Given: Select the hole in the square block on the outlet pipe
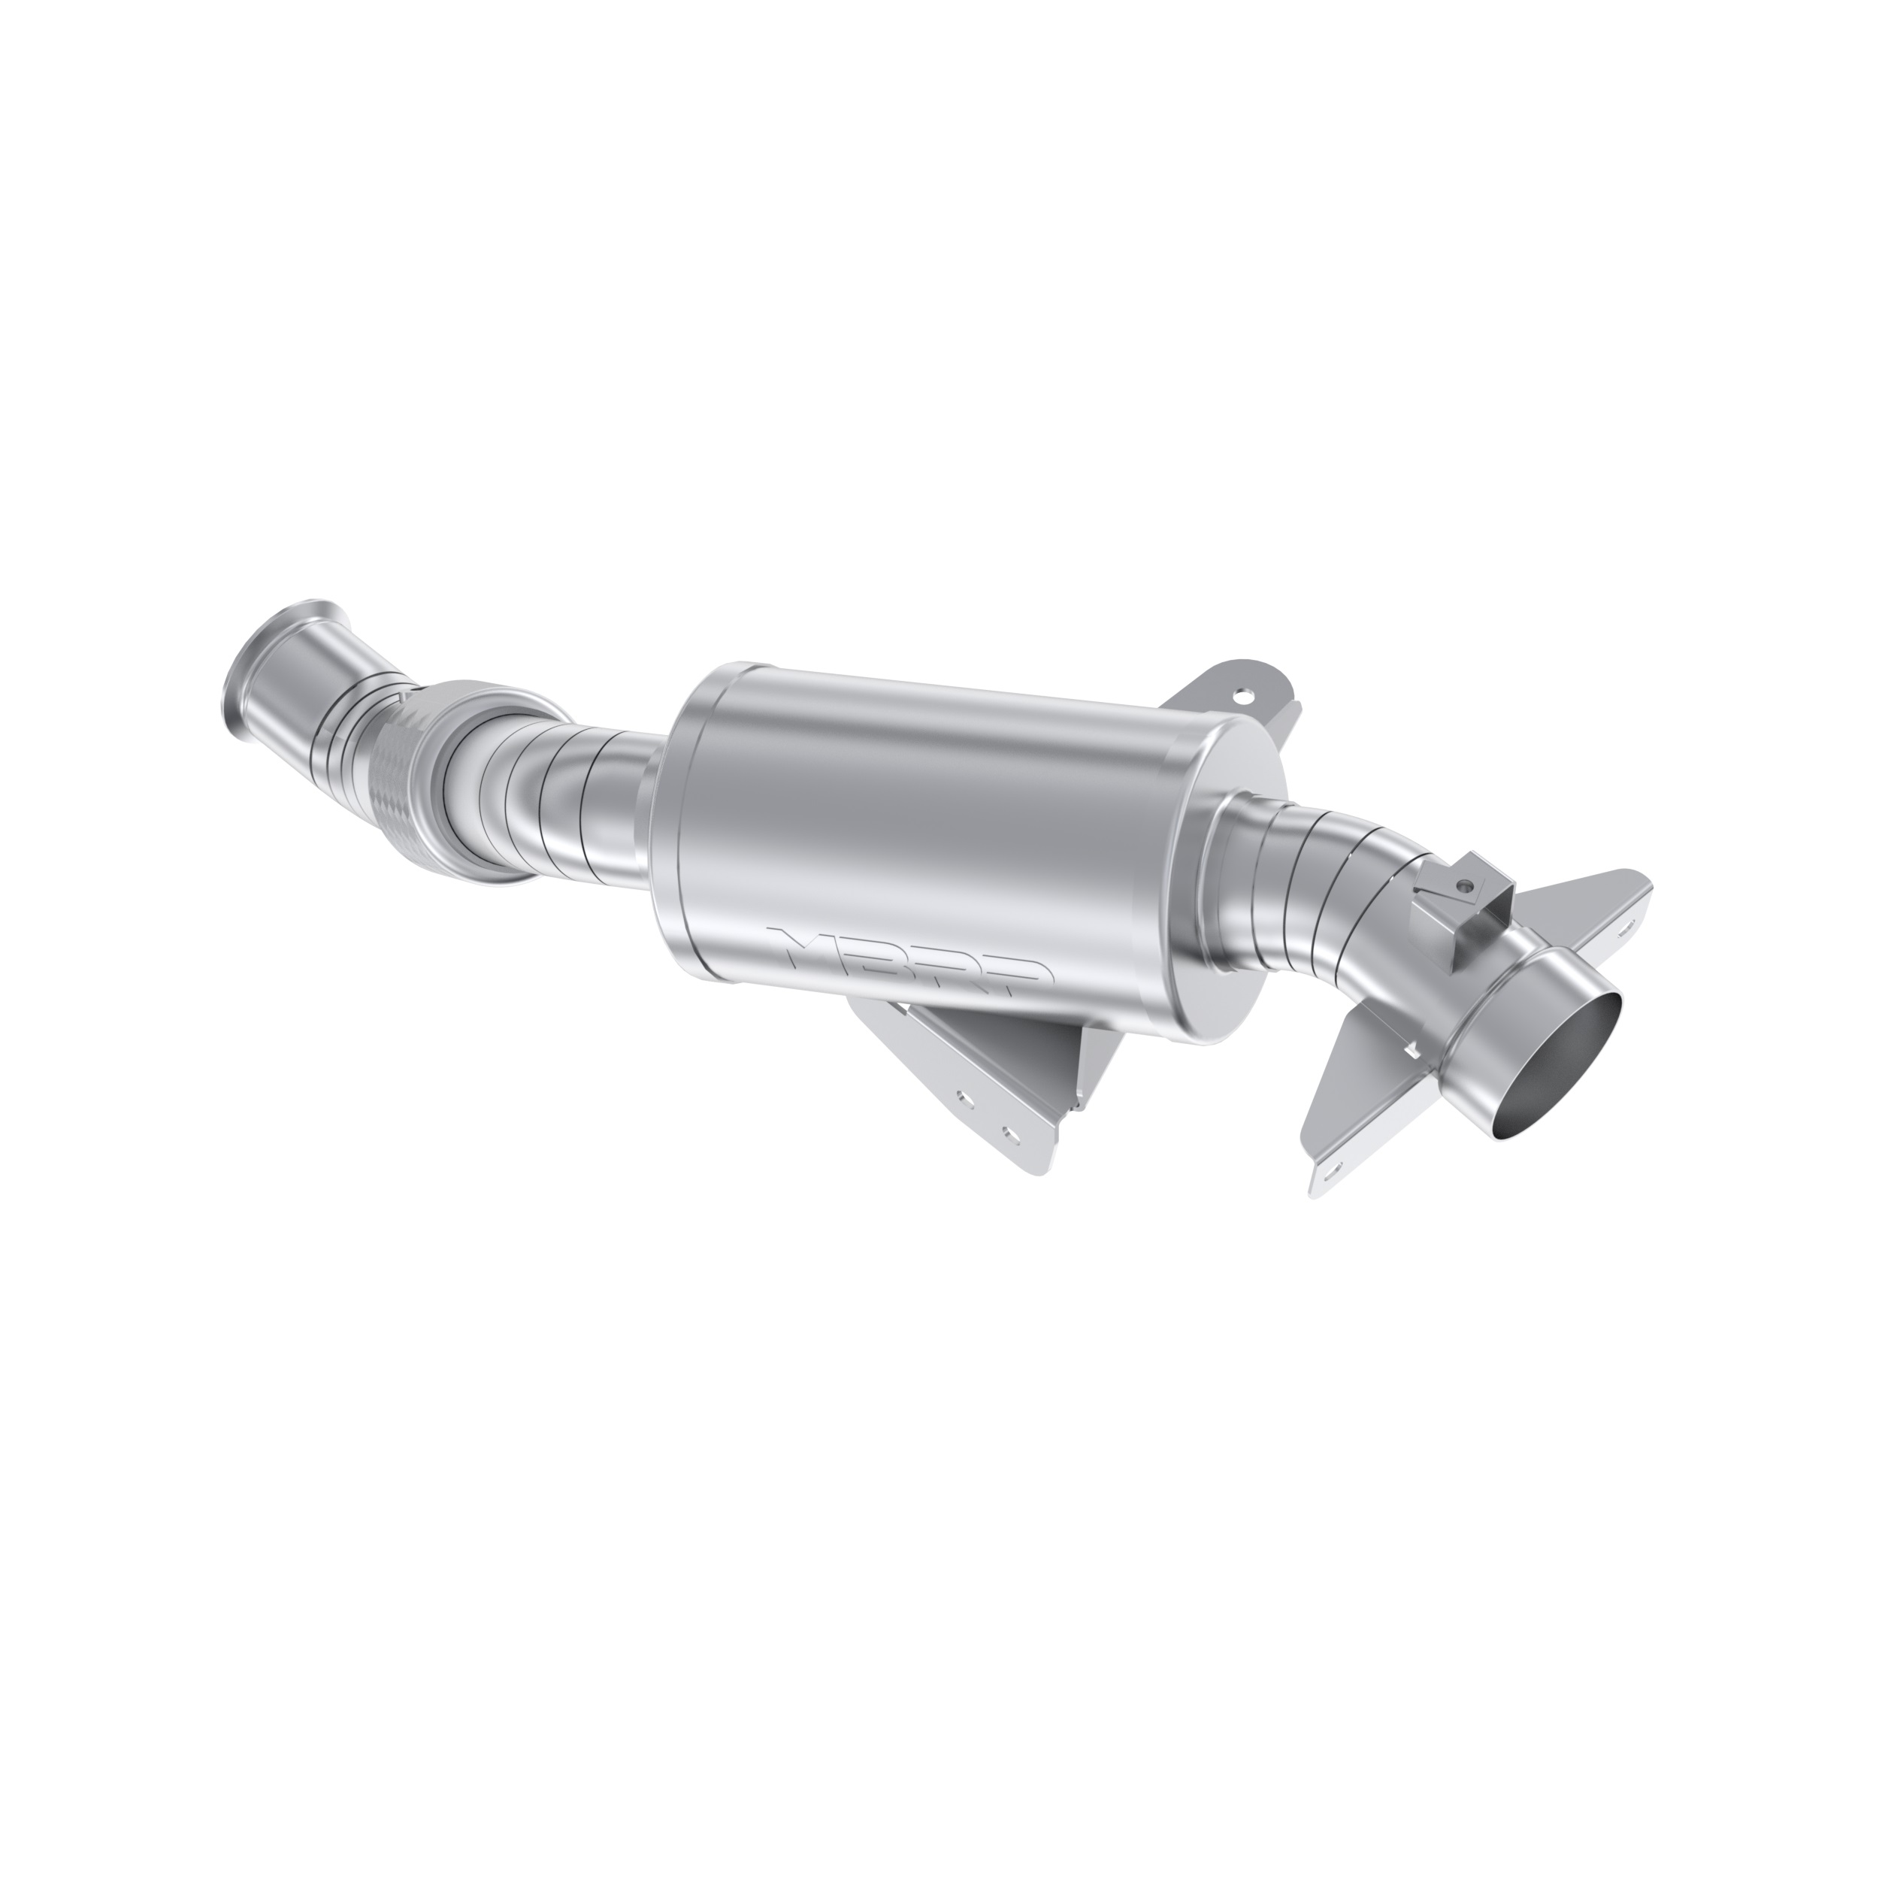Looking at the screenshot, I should point(1462,886).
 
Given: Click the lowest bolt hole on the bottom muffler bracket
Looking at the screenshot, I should point(1012,1135).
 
